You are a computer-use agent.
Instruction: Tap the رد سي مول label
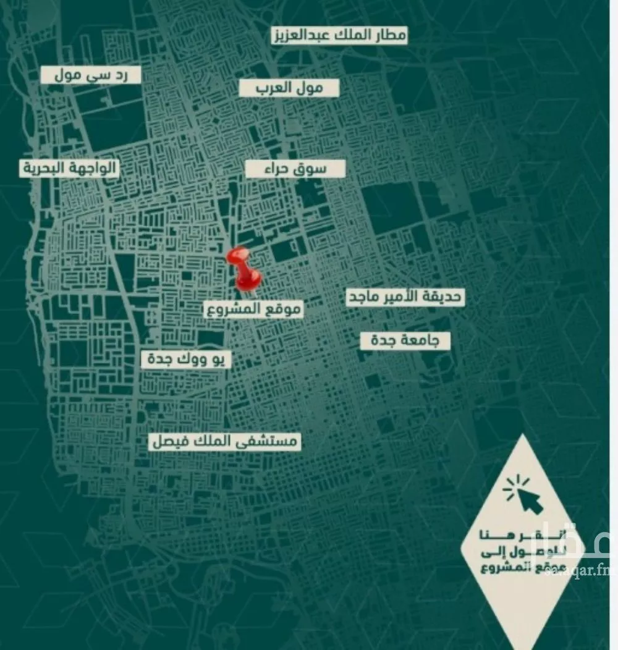91,75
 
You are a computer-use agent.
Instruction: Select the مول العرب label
289,88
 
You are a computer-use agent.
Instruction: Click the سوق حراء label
295,169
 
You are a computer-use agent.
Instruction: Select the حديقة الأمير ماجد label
404,297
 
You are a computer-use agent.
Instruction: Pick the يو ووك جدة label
186,360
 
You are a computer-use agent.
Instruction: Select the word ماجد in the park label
364,297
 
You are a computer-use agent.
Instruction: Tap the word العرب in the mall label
272,88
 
